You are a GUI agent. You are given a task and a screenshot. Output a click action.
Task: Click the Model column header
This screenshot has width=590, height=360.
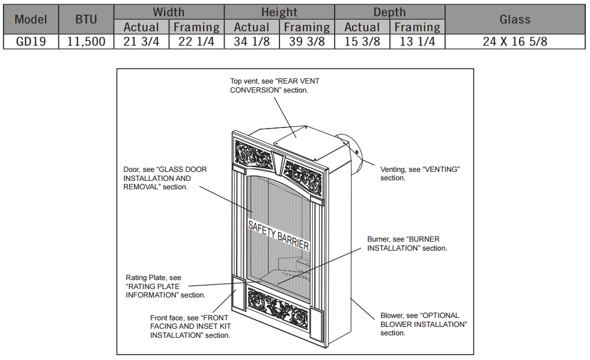pos(31,19)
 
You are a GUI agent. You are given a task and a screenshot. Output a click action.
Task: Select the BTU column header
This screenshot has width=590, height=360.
pos(87,19)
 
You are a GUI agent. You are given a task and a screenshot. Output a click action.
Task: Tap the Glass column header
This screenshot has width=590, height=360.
pos(515,19)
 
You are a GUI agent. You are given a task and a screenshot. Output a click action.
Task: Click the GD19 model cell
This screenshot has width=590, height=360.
pos(31,41)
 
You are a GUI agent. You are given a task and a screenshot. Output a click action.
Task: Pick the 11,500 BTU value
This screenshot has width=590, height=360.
pos(87,41)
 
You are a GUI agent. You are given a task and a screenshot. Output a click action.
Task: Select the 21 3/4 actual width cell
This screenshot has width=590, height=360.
pos(141,41)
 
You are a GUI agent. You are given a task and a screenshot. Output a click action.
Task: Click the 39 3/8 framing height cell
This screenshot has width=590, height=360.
pos(307,41)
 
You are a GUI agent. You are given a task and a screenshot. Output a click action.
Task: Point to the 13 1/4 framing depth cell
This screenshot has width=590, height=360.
pos(418,41)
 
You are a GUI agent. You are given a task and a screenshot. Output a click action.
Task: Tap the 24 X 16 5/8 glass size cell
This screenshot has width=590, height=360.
pos(515,41)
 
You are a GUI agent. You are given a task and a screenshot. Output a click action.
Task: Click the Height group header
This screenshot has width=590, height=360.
pos(279,12)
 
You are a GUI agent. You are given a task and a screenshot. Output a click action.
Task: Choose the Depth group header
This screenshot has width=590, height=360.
pos(389,12)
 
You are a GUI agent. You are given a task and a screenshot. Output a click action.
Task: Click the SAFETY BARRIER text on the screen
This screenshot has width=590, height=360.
pos(279,235)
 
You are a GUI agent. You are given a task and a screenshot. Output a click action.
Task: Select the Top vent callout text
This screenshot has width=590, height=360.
pos(269,85)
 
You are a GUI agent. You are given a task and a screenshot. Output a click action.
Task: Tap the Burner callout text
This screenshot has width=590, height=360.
pos(407,243)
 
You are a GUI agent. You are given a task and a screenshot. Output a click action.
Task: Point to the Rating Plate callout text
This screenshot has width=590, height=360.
pos(165,286)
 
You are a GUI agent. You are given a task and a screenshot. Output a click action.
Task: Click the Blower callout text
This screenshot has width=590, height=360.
pos(424,324)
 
